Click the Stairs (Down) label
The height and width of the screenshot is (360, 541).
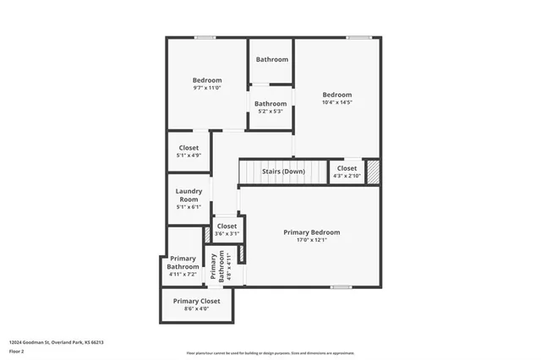(x=282, y=172)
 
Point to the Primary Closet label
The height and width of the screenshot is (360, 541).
(x=196, y=301)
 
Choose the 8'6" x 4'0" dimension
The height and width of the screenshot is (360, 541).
(x=196, y=309)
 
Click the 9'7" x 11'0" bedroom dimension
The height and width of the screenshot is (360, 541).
(x=207, y=88)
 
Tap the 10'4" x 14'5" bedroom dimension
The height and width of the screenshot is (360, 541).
(x=336, y=103)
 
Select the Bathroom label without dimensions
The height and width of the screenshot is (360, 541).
(x=272, y=59)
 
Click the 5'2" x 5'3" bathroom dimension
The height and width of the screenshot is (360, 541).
(x=271, y=112)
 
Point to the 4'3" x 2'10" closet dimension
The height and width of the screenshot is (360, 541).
(x=347, y=177)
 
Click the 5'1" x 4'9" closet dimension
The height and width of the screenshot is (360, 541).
(x=189, y=155)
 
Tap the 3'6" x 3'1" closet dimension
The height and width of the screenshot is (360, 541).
(x=227, y=234)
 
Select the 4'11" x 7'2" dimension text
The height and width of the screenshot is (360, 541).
(x=183, y=275)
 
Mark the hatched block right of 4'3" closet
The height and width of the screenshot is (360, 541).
(x=373, y=170)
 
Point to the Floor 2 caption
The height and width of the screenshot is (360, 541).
(x=17, y=351)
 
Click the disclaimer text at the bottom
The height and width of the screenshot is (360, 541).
(x=270, y=352)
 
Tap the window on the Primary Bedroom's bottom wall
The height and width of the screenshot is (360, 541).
(x=342, y=287)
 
